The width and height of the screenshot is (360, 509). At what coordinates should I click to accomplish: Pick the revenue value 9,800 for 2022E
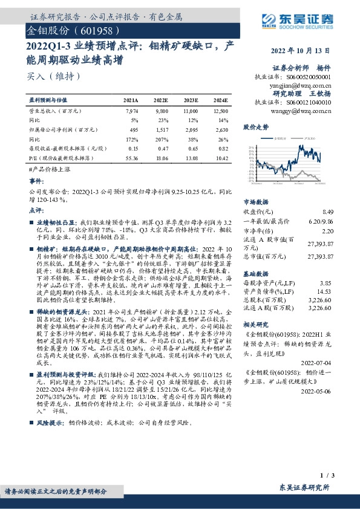click(161, 111)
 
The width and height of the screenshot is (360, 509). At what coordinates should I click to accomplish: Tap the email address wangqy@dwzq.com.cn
click(303, 111)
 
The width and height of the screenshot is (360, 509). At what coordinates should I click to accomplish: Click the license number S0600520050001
click(309, 78)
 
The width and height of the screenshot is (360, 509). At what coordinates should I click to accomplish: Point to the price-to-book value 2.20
click(328, 230)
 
